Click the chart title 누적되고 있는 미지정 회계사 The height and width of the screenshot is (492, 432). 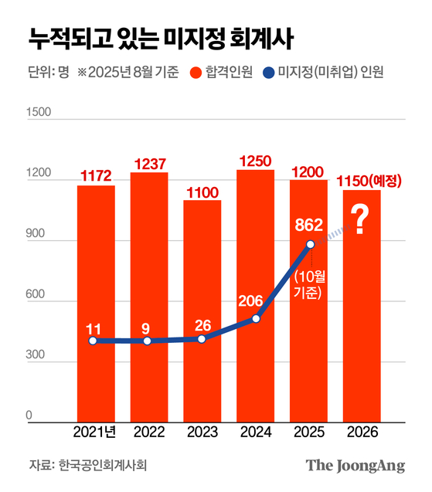(159, 37)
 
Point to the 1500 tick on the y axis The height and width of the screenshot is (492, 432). (39, 113)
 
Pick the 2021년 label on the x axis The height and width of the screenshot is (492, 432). (95, 432)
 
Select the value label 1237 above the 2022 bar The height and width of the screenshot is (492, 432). (149, 164)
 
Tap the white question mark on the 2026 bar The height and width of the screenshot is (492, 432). (359, 220)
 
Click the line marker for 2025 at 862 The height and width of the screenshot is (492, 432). (311, 244)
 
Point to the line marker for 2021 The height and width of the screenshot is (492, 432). (93, 341)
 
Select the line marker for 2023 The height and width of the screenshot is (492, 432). (202, 339)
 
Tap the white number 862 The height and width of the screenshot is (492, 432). (308, 225)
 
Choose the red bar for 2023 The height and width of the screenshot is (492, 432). (202, 309)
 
